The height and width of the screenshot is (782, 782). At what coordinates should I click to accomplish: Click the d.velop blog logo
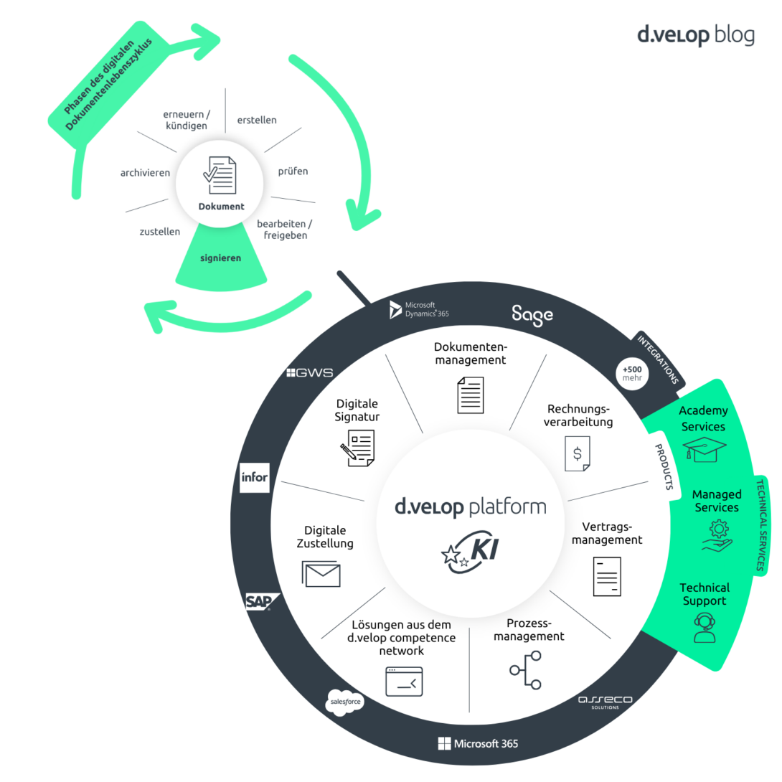pyautogui.click(x=695, y=35)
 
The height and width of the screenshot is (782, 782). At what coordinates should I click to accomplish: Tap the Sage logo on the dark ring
pyautogui.click(x=532, y=314)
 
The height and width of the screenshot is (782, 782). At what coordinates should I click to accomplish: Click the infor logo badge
pyautogui.click(x=255, y=477)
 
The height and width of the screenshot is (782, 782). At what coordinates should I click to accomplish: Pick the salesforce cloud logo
pyautogui.click(x=347, y=701)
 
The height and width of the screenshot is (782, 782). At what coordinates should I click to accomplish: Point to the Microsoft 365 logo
pyautogui.click(x=478, y=743)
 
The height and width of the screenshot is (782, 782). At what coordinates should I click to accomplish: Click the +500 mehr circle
pyautogui.click(x=632, y=373)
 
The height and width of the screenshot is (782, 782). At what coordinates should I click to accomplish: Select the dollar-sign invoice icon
pyautogui.click(x=577, y=453)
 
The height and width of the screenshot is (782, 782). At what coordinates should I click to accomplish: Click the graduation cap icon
pyautogui.click(x=705, y=450)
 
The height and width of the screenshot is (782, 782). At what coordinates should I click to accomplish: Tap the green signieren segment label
pyautogui.click(x=220, y=258)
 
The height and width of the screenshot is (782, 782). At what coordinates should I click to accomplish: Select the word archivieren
pyautogui.click(x=145, y=173)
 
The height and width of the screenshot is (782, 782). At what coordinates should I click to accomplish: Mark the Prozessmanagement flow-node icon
pyautogui.click(x=526, y=669)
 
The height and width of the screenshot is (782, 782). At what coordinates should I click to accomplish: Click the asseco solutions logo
pyautogui.click(x=604, y=702)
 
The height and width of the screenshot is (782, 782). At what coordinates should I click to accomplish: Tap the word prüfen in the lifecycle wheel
pyautogui.click(x=293, y=171)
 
